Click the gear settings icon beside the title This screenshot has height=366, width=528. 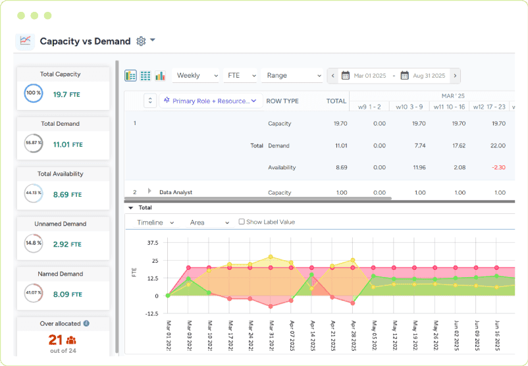point(141,41)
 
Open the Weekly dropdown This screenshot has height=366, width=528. point(196,76)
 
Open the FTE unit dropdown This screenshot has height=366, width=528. point(240,76)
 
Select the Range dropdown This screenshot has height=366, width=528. point(291,76)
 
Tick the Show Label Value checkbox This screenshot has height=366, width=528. point(242,222)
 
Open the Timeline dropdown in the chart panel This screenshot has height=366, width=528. point(155,222)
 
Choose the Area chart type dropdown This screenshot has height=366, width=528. point(209,222)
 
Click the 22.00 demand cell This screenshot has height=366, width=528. point(498,145)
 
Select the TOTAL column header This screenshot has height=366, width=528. point(336,101)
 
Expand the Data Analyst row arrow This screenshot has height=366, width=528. point(150,191)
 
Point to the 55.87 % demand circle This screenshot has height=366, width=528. point(33,143)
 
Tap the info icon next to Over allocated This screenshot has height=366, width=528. point(86,323)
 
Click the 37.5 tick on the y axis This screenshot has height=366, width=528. point(153,242)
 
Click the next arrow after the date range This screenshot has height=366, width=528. point(455,76)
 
